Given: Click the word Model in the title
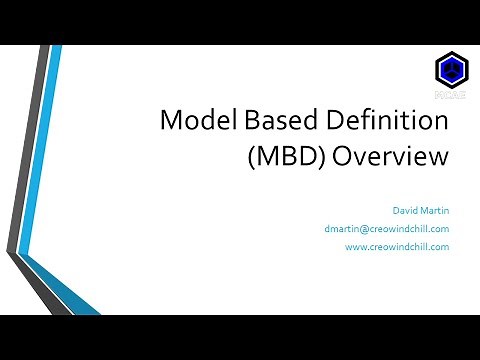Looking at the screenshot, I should [197, 124].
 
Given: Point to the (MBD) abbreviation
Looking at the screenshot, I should [304, 158].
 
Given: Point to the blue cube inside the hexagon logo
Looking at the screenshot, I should [450, 70].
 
